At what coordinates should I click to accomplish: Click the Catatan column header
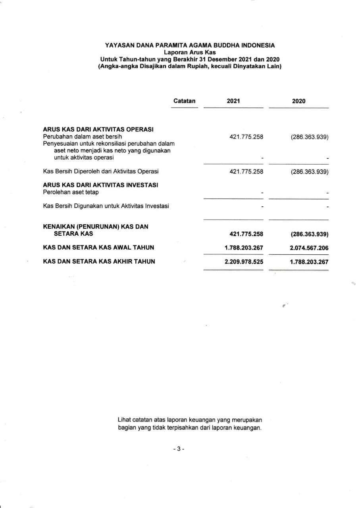184,101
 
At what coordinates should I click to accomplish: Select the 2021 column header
233,101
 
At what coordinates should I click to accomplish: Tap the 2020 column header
298,101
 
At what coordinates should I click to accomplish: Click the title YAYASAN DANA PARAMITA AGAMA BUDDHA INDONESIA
190,46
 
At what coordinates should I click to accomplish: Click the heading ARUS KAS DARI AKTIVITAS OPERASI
98,129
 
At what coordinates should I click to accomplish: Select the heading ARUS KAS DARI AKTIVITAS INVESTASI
100,185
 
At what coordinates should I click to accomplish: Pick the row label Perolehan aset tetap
71,192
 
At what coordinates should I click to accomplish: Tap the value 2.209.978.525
244,262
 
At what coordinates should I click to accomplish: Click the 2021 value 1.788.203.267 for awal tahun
244,248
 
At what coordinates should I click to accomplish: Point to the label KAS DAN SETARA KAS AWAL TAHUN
98,248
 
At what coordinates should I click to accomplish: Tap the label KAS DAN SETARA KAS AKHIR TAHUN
99,262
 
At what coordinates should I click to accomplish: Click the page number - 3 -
179,449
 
